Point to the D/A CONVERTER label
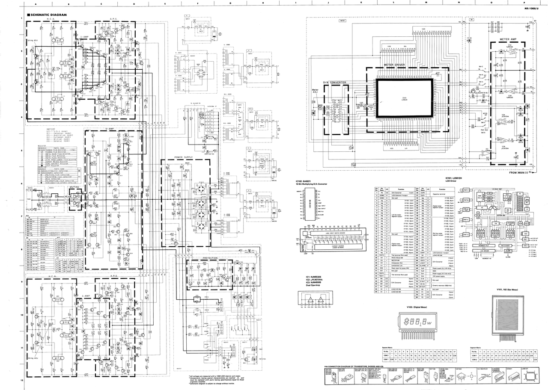coord(334,82)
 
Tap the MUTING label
coord(74,188)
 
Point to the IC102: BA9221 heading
coord(305,181)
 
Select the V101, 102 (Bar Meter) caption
coord(508,290)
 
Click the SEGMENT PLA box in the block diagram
coord(481,245)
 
